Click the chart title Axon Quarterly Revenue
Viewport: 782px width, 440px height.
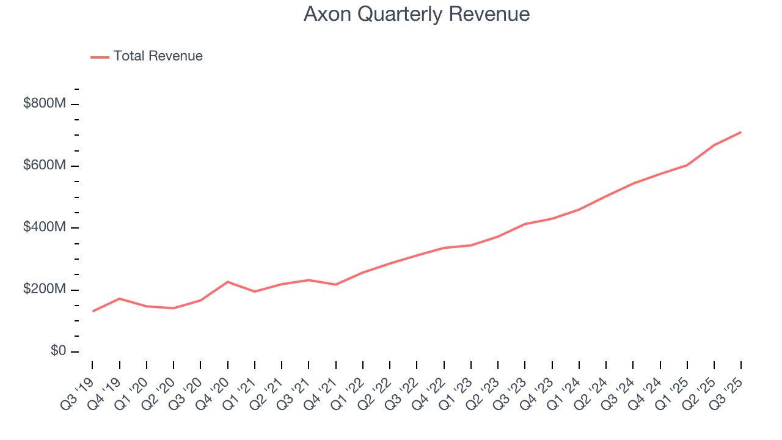pyautogui.click(x=416, y=14)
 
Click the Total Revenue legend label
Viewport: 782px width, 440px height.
pyautogui.click(x=158, y=56)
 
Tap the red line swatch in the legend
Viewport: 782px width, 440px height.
pyautogui.click(x=100, y=57)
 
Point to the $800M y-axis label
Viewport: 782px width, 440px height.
pyautogui.click(x=45, y=104)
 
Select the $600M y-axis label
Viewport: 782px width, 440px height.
pyautogui.click(x=45, y=166)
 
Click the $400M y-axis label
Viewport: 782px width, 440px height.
pyautogui.click(x=45, y=227)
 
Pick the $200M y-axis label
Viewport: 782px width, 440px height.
pyautogui.click(x=45, y=289)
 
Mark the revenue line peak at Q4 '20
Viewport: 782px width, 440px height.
pyautogui.click(x=228, y=282)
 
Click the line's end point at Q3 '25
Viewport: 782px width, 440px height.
pyautogui.click(x=741, y=132)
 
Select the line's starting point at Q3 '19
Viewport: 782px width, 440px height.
pyautogui.click(x=93, y=311)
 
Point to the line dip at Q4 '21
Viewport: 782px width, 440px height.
pyautogui.click(x=335, y=285)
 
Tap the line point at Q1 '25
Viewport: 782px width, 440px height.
pyautogui.click(x=687, y=165)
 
